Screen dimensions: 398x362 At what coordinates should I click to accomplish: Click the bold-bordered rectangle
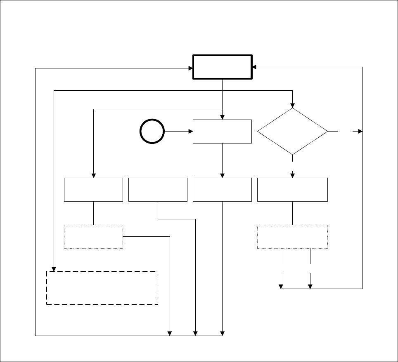tap(223, 66)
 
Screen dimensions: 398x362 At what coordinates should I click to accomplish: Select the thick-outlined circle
tap(152, 132)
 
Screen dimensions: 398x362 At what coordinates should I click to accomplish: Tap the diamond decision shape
tap(292, 132)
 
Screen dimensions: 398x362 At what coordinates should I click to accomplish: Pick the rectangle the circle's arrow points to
tap(222, 132)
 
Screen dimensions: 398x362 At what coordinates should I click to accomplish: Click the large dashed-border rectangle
tap(102, 288)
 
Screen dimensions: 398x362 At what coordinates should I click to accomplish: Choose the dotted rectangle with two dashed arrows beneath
tap(292, 236)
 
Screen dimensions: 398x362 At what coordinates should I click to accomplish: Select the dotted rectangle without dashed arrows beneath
tap(93, 236)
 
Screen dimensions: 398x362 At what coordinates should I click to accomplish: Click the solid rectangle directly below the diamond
tap(292, 190)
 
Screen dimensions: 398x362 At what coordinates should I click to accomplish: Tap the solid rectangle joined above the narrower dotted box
tap(93, 190)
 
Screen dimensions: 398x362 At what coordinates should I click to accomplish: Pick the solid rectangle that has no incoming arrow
tap(158, 190)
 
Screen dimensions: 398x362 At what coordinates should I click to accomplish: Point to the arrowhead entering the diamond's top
tap(292, 105)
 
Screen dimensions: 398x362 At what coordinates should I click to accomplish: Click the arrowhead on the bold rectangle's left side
tap(191, 68)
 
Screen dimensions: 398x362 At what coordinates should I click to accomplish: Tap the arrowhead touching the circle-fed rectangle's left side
tap(191, 132)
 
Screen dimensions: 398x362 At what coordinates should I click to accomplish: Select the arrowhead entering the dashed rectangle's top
tap(54, 269)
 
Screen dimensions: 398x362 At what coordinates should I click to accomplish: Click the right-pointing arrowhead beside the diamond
tap(360, 132)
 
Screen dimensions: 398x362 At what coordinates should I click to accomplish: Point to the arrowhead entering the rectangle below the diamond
tap(292, 175)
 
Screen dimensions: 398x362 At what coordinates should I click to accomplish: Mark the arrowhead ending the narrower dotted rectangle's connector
tap(170, 334)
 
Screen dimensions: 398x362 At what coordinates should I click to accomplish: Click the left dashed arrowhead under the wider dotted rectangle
tap(281, 286)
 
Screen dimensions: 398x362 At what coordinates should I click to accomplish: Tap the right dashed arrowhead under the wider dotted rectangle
tap(310, 286)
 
